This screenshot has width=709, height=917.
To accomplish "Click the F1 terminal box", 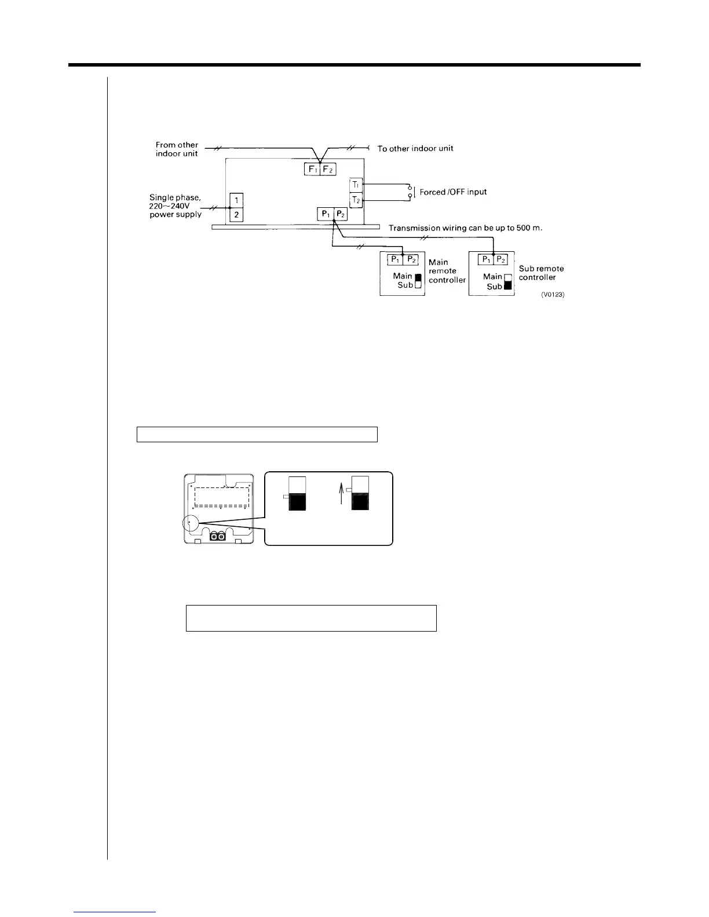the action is coord(312,170).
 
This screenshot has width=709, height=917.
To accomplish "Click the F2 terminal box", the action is coord(328,170).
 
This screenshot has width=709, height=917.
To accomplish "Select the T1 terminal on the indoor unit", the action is coord(356,185).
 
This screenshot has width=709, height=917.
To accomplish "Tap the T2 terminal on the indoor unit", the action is coord(356,200).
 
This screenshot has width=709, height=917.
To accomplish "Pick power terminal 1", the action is coord(236,200).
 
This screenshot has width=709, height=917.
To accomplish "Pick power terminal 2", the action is coord(236,215).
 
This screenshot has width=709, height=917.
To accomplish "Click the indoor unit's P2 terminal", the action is coord(341,214).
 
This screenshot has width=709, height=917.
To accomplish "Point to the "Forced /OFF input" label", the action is coord(453,192).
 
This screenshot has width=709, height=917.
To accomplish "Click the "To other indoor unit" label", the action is coord(415,149).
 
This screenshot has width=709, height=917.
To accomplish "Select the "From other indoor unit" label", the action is coord(177,149).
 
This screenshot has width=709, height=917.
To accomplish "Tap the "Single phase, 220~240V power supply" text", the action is coord(176,206).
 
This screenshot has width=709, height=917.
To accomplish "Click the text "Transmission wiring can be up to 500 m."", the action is coord(465,228).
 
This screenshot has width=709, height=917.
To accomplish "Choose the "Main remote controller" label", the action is coord(447,271).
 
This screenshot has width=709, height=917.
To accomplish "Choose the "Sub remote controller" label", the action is coord(541,273).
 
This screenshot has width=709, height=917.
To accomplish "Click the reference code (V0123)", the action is coord(553,295).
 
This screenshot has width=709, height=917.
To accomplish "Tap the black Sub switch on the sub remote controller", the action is coord(509,286).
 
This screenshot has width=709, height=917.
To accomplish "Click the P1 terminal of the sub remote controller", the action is coord(485,259).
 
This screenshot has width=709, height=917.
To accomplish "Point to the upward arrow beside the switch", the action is coord(341,494).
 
